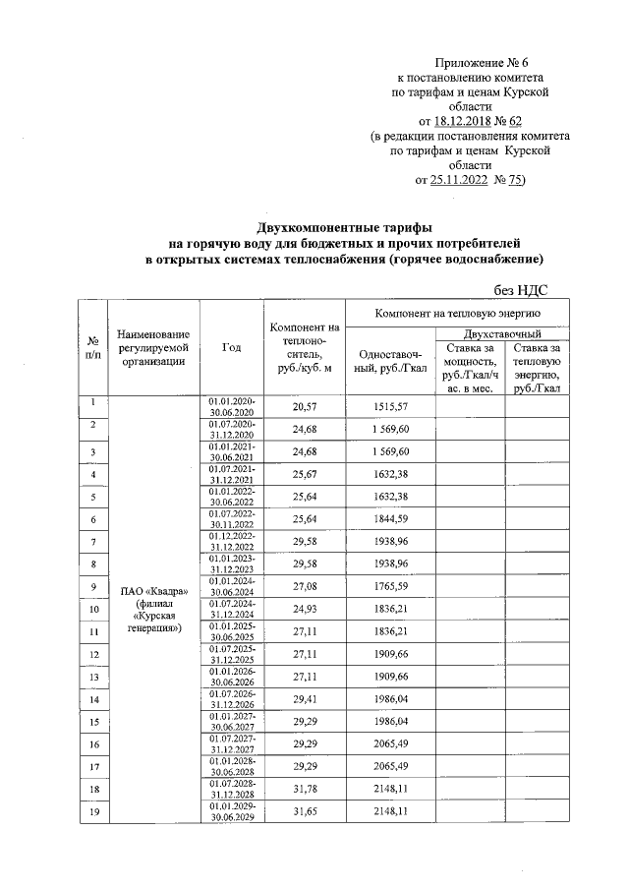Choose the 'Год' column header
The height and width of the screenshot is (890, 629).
(231, 347)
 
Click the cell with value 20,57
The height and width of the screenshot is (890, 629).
(308, 406)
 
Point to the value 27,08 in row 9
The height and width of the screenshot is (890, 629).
(308, 587)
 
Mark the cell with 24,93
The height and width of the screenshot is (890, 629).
(308, 610)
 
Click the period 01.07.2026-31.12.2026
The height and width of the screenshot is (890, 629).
(231, 699)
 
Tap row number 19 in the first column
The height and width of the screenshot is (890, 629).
(92, 811)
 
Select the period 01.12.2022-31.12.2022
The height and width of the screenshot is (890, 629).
(231, 542)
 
